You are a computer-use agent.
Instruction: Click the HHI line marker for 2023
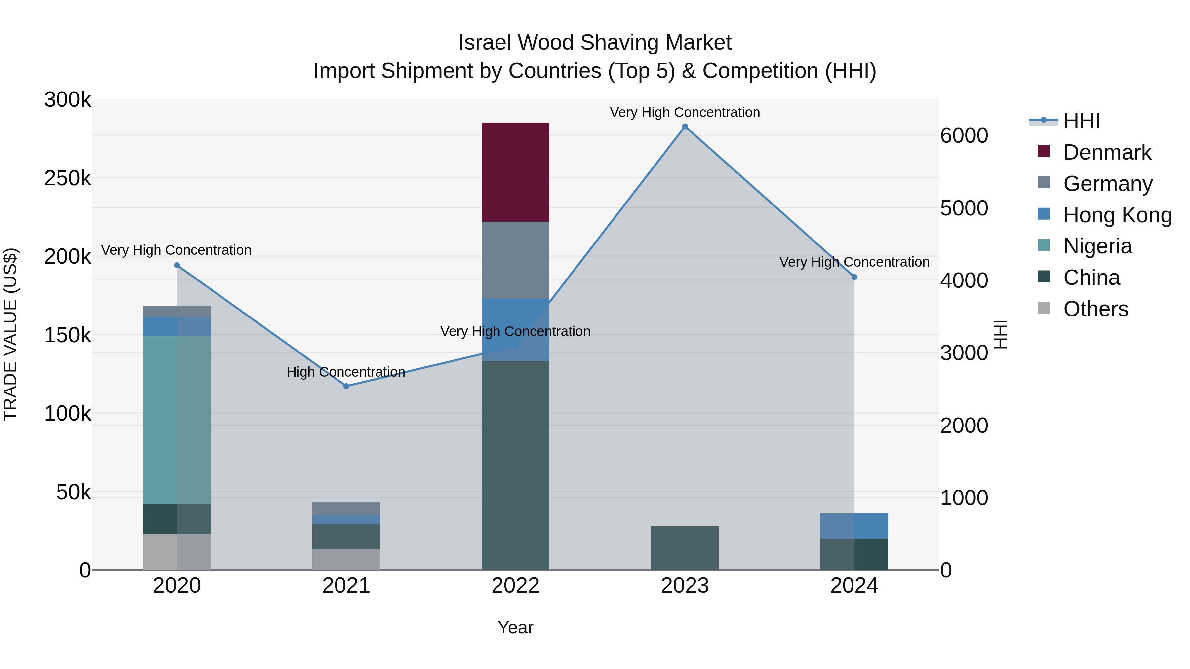click(685, 127)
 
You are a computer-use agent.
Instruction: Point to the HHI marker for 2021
click(346, 386)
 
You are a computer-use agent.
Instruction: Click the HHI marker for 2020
click(177, 265)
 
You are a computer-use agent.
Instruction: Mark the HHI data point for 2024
click(854, 277)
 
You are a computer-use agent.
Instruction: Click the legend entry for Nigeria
click(1097, 246)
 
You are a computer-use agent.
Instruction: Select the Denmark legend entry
click(1107, 152)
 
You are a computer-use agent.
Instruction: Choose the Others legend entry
click(1095, 309)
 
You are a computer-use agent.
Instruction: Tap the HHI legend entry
click(1081, 121)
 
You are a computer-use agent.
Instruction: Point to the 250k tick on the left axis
click(67, 178)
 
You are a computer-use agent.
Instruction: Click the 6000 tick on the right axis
click(964, 136)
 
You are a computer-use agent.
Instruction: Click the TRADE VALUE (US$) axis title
click(11, 334)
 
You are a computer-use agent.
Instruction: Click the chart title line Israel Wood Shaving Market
click(595, 43)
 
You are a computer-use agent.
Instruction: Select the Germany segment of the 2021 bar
click(346, 509)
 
